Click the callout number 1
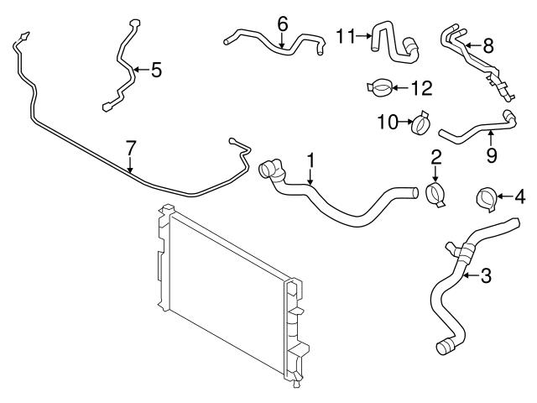[x=310, y=159]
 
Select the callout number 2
[x=436, y=157]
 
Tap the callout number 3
[x=485, y=276]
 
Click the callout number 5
[x=156, y=71]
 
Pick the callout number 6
[x=282, y=23]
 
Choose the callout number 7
[x=130, y=148]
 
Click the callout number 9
[x=492, y=154]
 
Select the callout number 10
[x=388, y=123]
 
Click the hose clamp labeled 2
[x=436, y=194]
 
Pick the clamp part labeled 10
[x=419, y=123]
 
